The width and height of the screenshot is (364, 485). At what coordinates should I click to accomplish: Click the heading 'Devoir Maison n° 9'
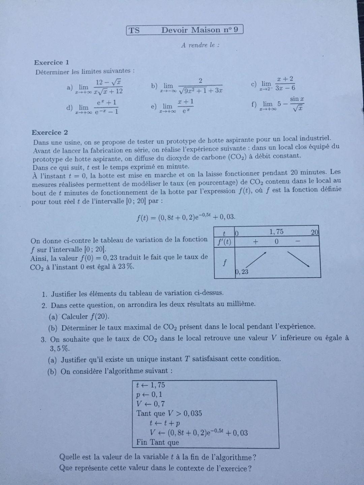coord(200,30)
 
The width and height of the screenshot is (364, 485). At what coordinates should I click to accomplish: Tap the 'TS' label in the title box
coord(134,30)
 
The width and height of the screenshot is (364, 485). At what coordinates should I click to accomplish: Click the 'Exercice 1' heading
coord(52,62)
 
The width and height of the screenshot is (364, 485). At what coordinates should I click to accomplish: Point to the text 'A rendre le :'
coord(200,45)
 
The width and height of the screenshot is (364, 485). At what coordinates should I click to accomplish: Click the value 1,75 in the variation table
coord(276,232)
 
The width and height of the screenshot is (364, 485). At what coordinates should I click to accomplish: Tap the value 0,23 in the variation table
coord(242,272)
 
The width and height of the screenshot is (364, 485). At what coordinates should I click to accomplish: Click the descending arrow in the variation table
coord(299,260)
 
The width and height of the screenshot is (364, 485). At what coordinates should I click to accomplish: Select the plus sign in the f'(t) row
coord(255,242)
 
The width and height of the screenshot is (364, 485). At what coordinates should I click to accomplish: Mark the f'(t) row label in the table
coord(224,242)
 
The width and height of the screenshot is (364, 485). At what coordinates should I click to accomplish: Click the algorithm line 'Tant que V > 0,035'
coord(169,413)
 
